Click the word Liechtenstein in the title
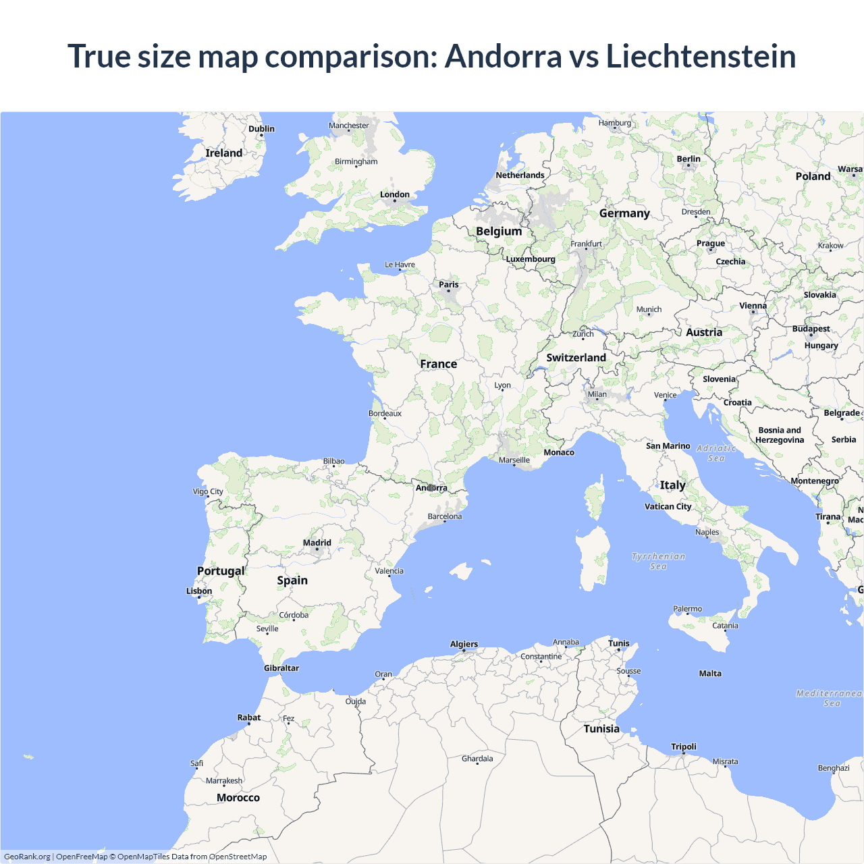coord(701,56)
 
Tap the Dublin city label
coord(261,129)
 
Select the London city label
coord(395,194)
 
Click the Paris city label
coord(449,285)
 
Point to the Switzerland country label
coord(576,358)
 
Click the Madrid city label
coord(317,543)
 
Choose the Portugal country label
coord(221,571)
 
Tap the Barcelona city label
coord(445,516)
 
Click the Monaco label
coord(559,452)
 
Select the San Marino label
coord(668,446)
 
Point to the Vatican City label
coord(668,506)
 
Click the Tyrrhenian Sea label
coord(658,561)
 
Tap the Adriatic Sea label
coord(716,453)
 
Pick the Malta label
coord(710,674)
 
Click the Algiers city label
coord(464,644)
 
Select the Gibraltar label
coord(281,668)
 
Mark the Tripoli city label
coord(684,747)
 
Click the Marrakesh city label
coord(224,781)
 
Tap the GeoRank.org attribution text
coord(27,857)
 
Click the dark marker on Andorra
coord(431,487)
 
